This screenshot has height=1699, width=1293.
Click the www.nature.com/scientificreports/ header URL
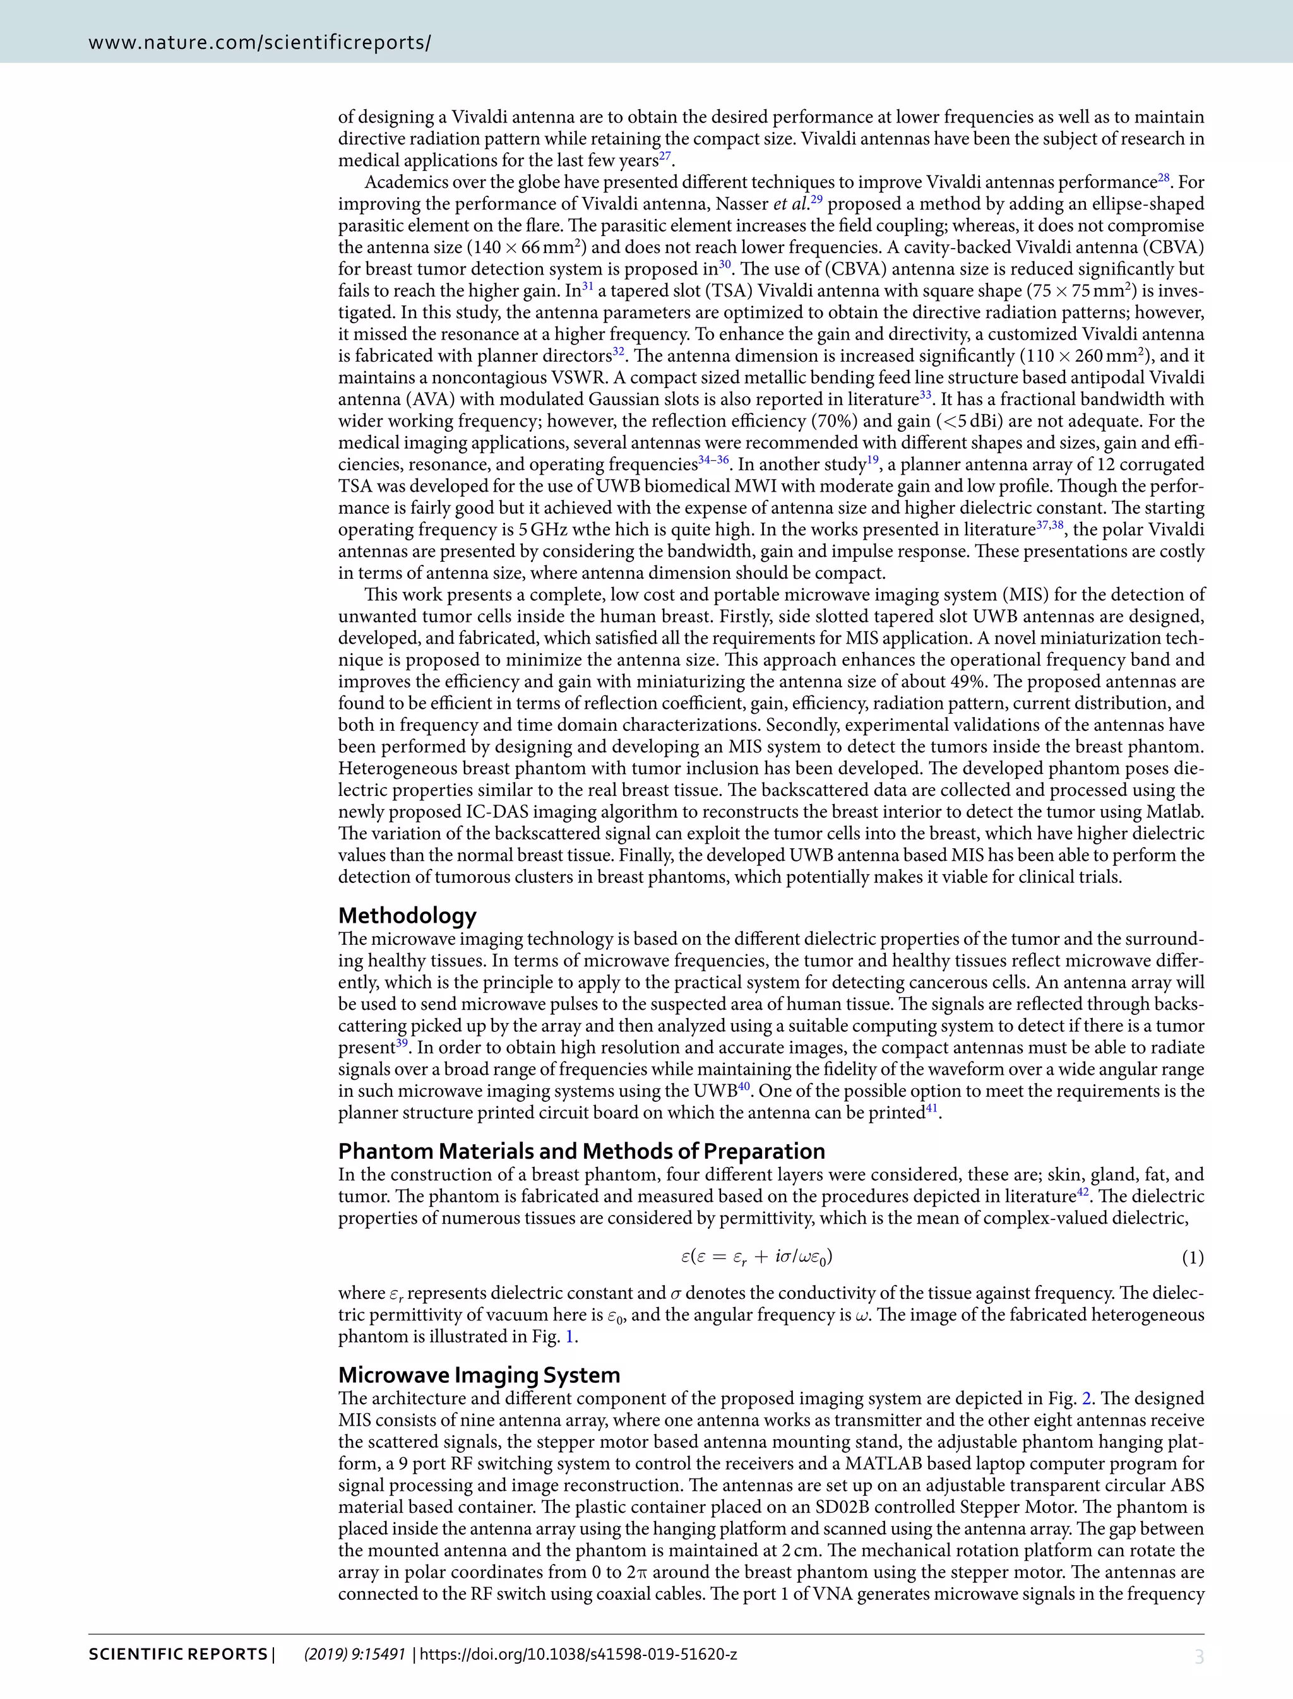259,42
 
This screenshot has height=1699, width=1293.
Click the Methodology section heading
407,916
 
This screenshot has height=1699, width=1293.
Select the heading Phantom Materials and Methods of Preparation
581,1151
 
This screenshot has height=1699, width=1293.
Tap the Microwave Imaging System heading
479,1375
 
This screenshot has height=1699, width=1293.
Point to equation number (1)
1192,1258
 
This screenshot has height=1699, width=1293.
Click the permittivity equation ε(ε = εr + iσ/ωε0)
756,1257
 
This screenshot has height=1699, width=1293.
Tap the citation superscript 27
665,156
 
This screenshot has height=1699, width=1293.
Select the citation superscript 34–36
713,460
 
